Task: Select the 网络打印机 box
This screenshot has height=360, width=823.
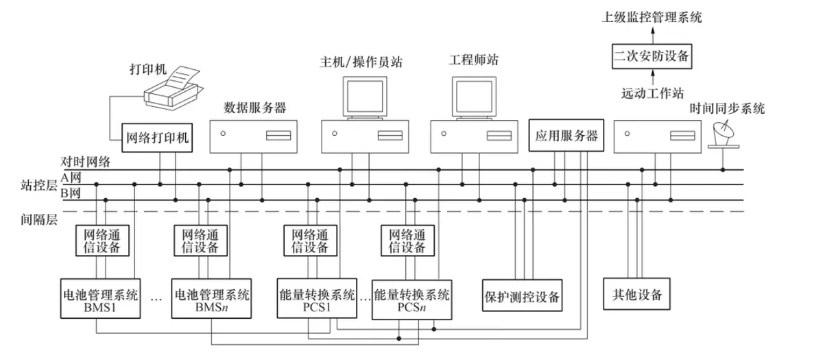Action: pyautogui.click(x=157, y=138)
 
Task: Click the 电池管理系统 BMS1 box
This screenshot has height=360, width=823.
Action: pyautogui.click(x=99, y=298)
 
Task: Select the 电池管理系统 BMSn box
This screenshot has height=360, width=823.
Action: pyautogui.click(x=211, y=298)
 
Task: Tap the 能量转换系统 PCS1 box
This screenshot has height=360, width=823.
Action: pyautogui.click(x=317, y=298)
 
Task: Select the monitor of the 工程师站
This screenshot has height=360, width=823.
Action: pyautogui.click(x=474, y=97)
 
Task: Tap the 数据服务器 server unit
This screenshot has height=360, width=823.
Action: pyautogui.click(x=253, y=136)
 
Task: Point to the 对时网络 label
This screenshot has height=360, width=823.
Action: pyautogui.click(x=85, y=163)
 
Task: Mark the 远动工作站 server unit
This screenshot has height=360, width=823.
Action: pyautogui.click(x=658, y=136)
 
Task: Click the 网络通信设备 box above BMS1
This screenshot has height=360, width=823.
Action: pyautogui.click(x=102, y=240)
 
